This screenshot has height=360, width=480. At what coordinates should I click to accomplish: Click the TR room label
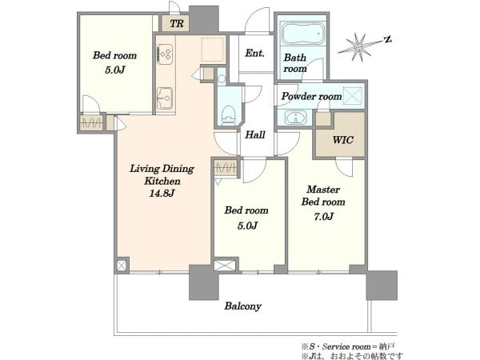click(x=177, y=23)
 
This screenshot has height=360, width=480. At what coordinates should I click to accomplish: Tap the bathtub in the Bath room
click(x=302, y=33)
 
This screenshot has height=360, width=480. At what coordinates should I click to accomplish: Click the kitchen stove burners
click(x=166, y=54)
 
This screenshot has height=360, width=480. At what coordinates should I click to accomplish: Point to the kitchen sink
click(x=165, y=98)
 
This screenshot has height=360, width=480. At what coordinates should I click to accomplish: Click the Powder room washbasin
click(x=295, y=118)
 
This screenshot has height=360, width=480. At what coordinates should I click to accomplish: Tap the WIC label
click(x=343, y=140)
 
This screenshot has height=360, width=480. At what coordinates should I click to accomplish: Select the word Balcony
click(x=242, y=306)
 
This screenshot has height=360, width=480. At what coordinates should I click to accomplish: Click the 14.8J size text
click(x=162, y=193)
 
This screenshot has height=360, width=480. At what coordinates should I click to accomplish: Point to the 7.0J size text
click(x=323, y=217)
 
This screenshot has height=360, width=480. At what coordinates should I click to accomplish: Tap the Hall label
click(x=255, y=134)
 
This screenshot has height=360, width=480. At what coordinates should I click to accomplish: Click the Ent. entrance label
click(x=254, y=53)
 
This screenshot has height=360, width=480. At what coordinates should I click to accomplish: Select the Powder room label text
click(x=311, y=96)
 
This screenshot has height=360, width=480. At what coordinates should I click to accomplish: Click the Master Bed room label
click(x=323, y=196)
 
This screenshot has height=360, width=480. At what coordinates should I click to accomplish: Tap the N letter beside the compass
click(x=388, y=39)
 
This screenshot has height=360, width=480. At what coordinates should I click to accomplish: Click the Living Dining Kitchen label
click(x=162, y=174)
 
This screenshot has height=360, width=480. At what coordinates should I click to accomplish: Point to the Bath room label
click(x=295, y=62)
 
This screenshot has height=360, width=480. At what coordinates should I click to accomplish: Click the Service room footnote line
click(x=348, y=346)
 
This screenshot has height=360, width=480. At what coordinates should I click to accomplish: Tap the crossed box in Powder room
click(x=352, y=95)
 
